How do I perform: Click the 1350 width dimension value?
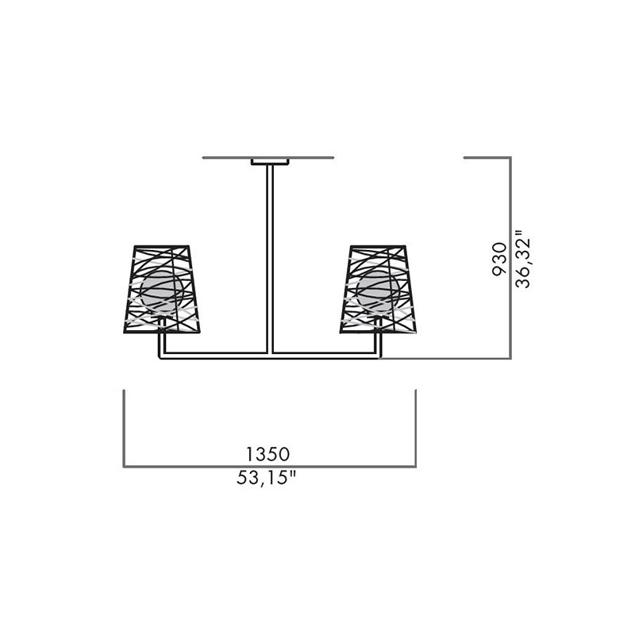click(x=268, y=454)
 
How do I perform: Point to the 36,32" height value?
click(x=521, y=259)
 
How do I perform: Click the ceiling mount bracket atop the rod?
click(x=270, y=162)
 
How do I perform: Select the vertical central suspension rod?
click(x=270, y=254)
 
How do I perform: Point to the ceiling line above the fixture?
click(x=230, y=158)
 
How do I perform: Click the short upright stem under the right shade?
click(x=379, y=343)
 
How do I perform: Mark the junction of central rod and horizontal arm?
click(x=270, y=356)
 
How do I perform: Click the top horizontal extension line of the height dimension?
click(x=487, y=158)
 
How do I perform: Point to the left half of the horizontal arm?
click(x=214, y=356)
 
